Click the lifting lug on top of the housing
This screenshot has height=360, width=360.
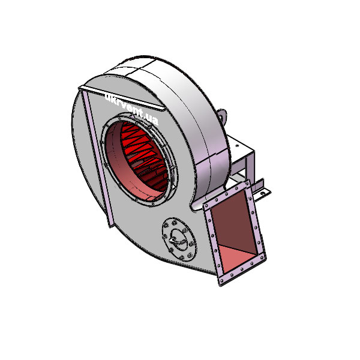coord(222,114)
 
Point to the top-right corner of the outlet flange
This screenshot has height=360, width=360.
coord(250,183)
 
